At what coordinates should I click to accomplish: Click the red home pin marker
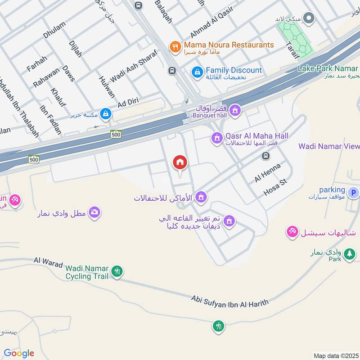click(180, 163)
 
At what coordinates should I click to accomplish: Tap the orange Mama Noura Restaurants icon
click(175, 46)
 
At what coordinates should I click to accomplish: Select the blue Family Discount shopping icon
click(197, 72)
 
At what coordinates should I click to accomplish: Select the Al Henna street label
click(267, 173)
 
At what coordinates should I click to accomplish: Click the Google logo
click(18, 353)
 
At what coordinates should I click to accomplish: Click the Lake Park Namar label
click(328, 68)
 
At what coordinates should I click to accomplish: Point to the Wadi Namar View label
click(329, 146)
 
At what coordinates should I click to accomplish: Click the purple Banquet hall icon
click(234, 110)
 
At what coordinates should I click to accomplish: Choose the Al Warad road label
click(48, 263)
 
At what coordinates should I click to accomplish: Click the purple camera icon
click(94, 212)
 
